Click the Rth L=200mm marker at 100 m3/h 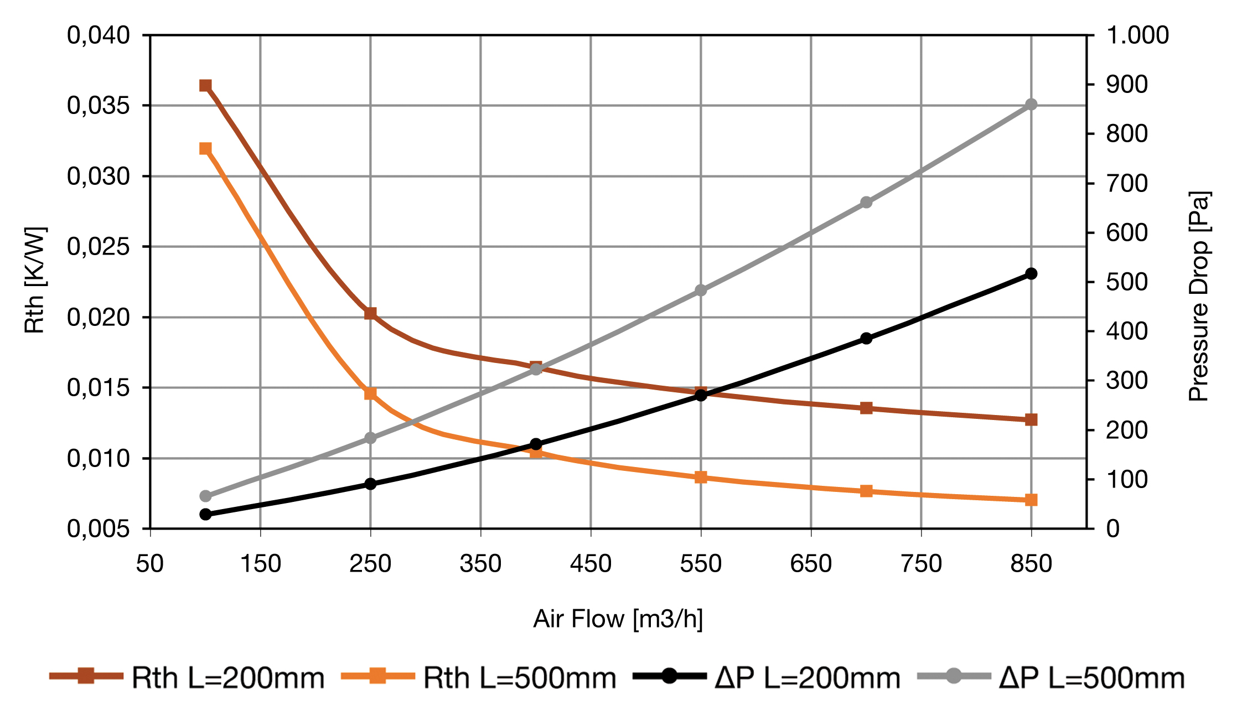tap(205, 85)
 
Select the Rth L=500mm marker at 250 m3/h tap(370, 393)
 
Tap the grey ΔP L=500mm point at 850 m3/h tap(1031, 105)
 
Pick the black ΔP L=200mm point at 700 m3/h tap(866, 339)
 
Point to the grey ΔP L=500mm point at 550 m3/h tap(701, 291)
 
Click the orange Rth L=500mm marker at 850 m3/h tap(1031, 500)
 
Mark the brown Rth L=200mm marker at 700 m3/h tap(866, 408)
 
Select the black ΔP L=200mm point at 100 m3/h tap(205, 514)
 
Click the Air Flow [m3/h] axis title tap(618, 619)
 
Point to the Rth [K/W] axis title tap(35, 280)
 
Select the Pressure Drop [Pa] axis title tap(1199, 296)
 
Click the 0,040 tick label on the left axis tap(99, 35)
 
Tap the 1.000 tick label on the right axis tap(1137, 35)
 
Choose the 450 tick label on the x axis tap(591, 564)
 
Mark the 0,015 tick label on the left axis tap(99, 388)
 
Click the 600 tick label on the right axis tap(1127, 233)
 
